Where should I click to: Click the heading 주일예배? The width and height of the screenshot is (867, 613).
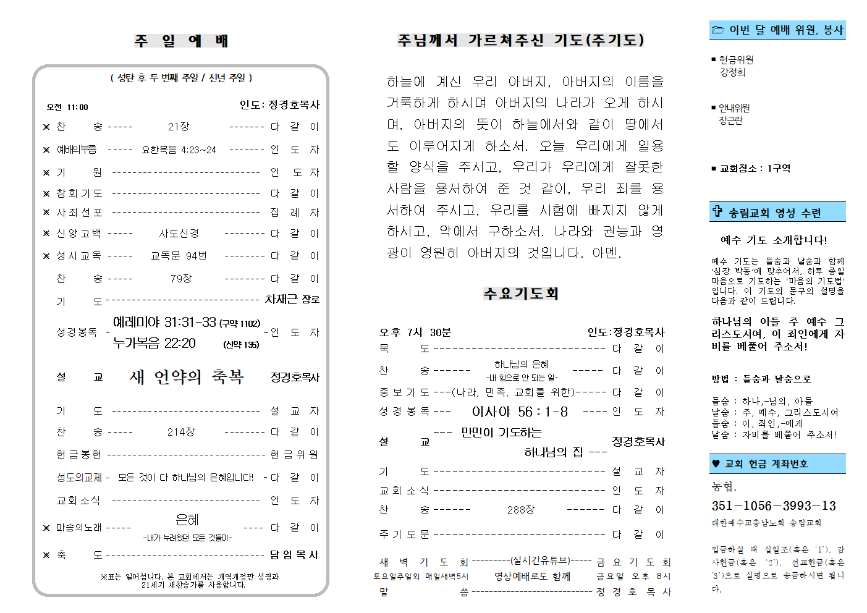[x=181, y=41]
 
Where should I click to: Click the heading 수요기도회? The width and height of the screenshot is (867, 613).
[x=521, y=294]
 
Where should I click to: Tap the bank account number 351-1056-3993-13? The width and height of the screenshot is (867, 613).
[x=773, y=506]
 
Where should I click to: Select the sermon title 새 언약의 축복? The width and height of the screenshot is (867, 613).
[x=187, y=377]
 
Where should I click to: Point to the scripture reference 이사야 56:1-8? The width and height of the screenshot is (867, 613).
[x=520, y=412]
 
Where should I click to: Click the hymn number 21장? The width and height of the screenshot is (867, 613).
[x=178, y=127]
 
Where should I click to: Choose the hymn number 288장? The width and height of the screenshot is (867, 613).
[x=520, y=510]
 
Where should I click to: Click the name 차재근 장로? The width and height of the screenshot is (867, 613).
[x=292, y=300]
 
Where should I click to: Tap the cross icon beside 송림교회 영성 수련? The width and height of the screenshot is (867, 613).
[x=717, y=212]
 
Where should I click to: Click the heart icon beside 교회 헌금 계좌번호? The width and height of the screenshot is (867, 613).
[x=716, y=463]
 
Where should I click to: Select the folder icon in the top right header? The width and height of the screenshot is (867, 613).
[x=717, y=30]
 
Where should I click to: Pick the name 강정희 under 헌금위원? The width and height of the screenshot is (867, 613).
[x=732, y=72]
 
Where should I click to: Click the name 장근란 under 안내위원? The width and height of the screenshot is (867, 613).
[x=730, y=120]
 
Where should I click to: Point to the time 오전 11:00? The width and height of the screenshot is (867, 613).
[x=67, y=107]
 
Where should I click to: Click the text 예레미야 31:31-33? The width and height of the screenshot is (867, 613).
[x=164, y=323]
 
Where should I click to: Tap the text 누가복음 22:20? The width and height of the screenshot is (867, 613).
[x=154, y=344]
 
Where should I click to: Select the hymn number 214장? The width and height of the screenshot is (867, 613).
[x=180, y=432]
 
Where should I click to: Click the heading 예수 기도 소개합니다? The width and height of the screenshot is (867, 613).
[x=773, y=240]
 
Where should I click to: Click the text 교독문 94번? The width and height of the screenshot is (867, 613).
[x=179, y=256]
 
